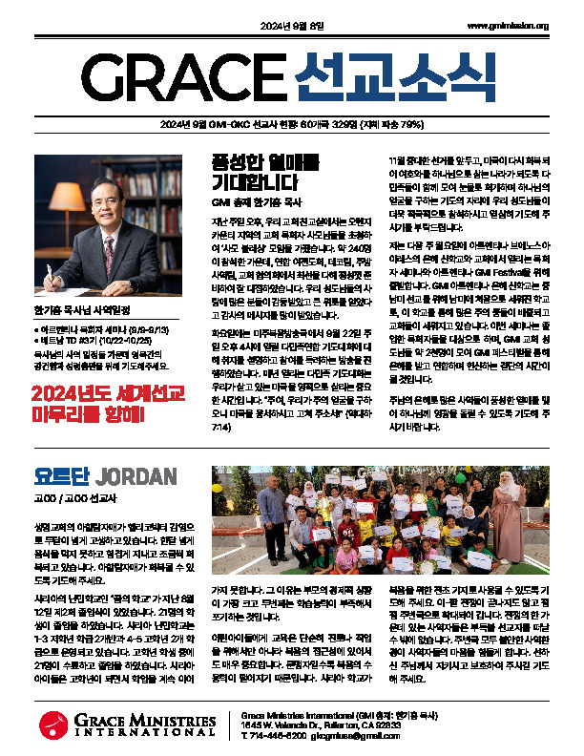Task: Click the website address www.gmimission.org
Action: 508,26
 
